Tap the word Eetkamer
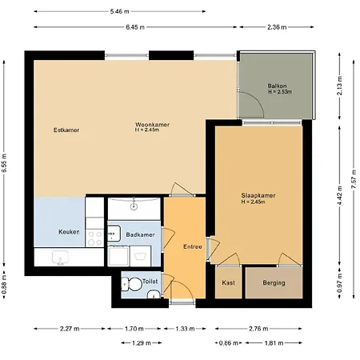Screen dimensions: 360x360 point(66,130)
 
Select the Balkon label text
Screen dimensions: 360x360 point(278,86)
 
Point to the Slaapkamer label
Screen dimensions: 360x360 point(258,194)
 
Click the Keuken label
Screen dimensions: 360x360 point(70,231)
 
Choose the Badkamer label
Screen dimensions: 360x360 point(140,234)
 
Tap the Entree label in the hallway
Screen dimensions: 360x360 point(192,246)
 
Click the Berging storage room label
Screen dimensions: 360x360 point(274,282)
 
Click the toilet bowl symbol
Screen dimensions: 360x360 point(134,283)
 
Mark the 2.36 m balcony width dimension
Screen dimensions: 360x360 point(279,27)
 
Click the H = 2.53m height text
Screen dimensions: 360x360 point(279,93)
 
